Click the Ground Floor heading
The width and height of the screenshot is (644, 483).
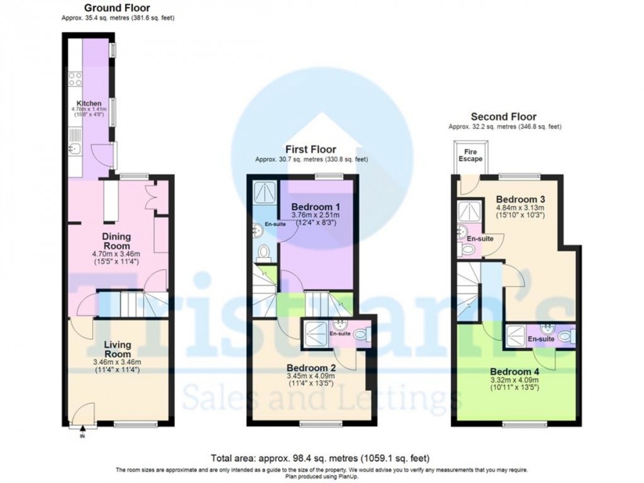point(117,8)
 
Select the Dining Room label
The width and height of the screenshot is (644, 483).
point(117,241)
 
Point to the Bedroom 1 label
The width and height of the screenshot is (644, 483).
point(316,206)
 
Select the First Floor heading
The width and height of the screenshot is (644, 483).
point(311,149)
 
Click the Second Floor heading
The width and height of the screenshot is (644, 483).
point(504,116)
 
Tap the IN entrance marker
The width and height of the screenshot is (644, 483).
point(81,436)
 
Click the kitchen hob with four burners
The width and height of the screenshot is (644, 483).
point(75,79)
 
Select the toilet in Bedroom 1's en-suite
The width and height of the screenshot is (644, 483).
point(263,253)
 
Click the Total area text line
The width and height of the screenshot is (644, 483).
point(321,458)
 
